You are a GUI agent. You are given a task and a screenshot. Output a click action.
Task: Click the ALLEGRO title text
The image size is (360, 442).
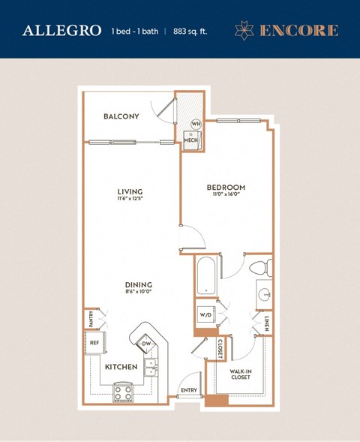61,31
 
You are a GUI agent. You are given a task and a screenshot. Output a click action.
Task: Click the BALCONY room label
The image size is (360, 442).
121,116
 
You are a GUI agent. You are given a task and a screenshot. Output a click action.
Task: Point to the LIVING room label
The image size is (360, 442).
130,191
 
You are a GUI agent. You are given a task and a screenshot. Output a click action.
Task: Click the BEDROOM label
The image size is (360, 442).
226,187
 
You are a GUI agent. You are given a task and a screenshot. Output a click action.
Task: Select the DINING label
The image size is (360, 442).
139,284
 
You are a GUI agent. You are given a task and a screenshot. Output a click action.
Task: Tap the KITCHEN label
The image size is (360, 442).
120,367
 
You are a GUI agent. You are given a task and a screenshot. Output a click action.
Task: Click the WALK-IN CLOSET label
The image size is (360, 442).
240,373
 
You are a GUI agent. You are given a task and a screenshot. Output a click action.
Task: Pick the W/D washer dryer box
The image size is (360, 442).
205,314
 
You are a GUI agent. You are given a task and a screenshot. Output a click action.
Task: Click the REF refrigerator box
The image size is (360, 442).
94,341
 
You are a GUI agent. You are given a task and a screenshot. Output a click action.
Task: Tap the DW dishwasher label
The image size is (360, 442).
146,344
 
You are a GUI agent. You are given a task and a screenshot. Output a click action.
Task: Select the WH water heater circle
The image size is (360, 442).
196,124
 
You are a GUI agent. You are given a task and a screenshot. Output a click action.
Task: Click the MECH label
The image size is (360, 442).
191,140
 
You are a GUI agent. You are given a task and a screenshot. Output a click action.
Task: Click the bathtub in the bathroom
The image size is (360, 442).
205,277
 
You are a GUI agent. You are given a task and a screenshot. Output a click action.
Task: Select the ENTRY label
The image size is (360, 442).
188,390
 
